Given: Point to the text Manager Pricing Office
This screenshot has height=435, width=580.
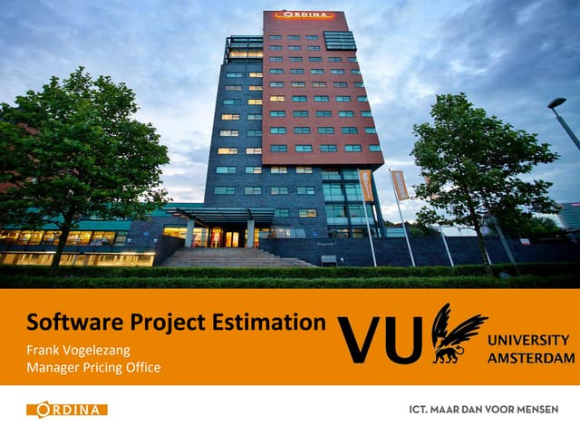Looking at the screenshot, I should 93,367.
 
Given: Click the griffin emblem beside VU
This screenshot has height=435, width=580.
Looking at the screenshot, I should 456,333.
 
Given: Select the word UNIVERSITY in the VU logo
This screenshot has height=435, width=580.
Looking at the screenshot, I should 528,341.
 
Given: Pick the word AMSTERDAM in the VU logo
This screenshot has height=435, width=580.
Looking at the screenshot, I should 531,358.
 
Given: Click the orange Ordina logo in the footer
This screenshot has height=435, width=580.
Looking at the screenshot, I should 67,410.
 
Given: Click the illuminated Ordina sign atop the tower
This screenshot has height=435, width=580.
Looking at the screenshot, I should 304,15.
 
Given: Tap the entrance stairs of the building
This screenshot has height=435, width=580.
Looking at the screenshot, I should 236,256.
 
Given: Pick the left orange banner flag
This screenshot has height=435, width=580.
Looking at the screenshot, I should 365,185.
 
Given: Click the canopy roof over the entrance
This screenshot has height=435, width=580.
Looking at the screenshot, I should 217,212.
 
